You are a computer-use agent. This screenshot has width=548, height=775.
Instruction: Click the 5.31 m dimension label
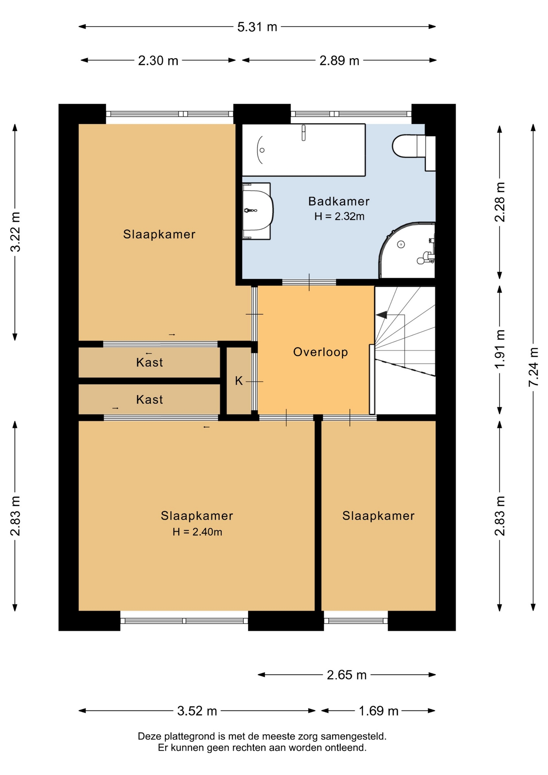pyautogui.click(x=257, y=27)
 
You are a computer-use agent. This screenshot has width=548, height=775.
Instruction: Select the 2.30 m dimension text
pyautogui.click(x=158, y=61)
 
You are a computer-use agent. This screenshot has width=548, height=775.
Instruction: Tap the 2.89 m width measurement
pyautogui.click(x=339, y=61)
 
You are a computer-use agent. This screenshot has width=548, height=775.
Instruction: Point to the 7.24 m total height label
pyautogui.click(x=533, y=367)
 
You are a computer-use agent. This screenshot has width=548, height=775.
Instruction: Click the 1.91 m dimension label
pyautogui.click(x=500, y=349)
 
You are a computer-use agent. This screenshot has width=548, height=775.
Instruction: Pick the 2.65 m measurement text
pyautogui.click(x=347, y=675)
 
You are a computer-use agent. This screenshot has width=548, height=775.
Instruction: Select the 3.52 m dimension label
pyautogui.click(x=197, y=711)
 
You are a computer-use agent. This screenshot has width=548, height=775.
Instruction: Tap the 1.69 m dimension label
pyautogui.click(x=379, y=711)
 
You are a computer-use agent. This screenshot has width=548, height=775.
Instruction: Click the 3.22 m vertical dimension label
pyautogui.click(x=15, y=232)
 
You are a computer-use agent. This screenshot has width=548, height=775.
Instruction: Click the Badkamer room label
pyautogui.click(x=339, y=201)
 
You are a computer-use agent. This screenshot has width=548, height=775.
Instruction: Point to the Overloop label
pyautogui.click(x=320, y=352)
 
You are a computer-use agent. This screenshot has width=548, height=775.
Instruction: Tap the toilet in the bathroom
pyautogui.click(x=414, y=147)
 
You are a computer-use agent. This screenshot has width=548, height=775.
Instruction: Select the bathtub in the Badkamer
pyautogui.click(x=303, y=150)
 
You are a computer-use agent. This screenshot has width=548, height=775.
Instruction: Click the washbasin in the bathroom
pyautogui.click(x=257, y=211)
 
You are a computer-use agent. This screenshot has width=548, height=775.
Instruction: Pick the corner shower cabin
pyautogui.click(x=407, y=250)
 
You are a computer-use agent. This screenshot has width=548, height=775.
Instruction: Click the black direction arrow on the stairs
pyautogui.click(x=381, y=314)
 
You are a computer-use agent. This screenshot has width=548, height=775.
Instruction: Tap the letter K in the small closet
pyautogui.click(x=239, y=381)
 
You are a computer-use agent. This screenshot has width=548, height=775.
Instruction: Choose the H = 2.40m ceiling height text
pyautogui.click(x=197, y=532)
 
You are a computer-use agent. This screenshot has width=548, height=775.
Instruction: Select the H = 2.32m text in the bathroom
pyautogui.click(x=339, y=216)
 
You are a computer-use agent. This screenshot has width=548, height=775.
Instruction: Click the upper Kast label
pyautogui.click(x=150, y=362)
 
